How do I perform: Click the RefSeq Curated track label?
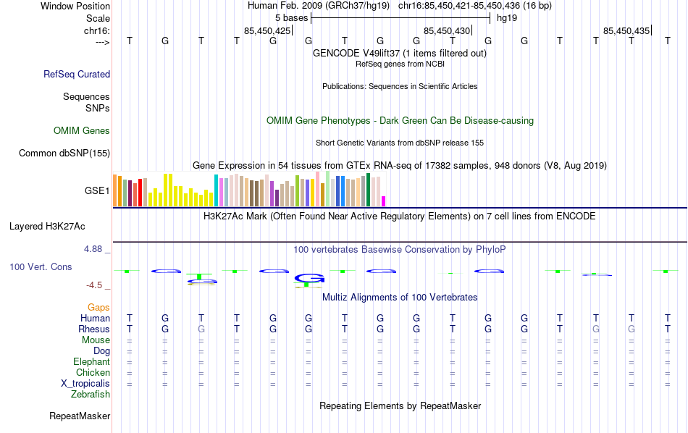(77, 74)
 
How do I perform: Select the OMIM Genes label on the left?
(82, 131)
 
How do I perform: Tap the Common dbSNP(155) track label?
(64, 153)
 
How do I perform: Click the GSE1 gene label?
(97, 191)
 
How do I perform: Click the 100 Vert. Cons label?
(41, 267)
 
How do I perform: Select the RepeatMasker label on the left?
(80, 416)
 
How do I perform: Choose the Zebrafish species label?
(91, 395)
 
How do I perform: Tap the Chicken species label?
(93, 373)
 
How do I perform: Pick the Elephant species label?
(91, 362)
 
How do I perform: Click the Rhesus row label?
(94, 329)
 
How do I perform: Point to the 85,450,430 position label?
(447, 30)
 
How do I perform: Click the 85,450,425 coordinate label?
(267, 30)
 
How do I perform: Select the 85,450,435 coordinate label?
(626, 30)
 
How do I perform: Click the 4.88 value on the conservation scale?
(94, 249)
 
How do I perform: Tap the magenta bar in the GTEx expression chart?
(384, 201)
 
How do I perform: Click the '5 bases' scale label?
(291, 17)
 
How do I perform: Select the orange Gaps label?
(98, 308)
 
